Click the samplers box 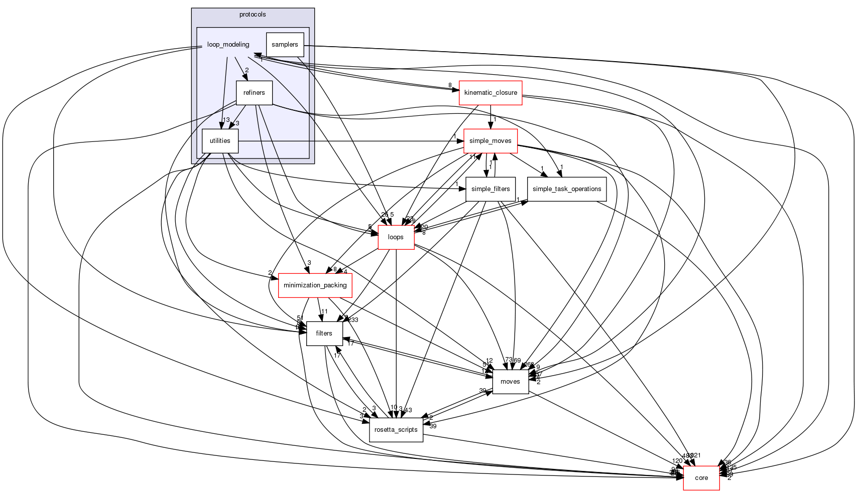point(285,45)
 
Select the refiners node point(254,93)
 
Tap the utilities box point(220,141)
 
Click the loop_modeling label point(228,45)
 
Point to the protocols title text point(253,15)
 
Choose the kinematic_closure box point(491,93)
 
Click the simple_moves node point(490,141)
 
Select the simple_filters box point(491,189)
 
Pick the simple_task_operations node point(567,189)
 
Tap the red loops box point(396,237)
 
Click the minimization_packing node point(315,285)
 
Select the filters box point(324,334)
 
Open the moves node point(510,382)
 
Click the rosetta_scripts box point(396,430)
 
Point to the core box point(701,478)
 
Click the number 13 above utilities point(226,120)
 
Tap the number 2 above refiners point(247,70)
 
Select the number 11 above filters point(324,311)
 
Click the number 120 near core point(677,461)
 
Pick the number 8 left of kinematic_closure point(450,85)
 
